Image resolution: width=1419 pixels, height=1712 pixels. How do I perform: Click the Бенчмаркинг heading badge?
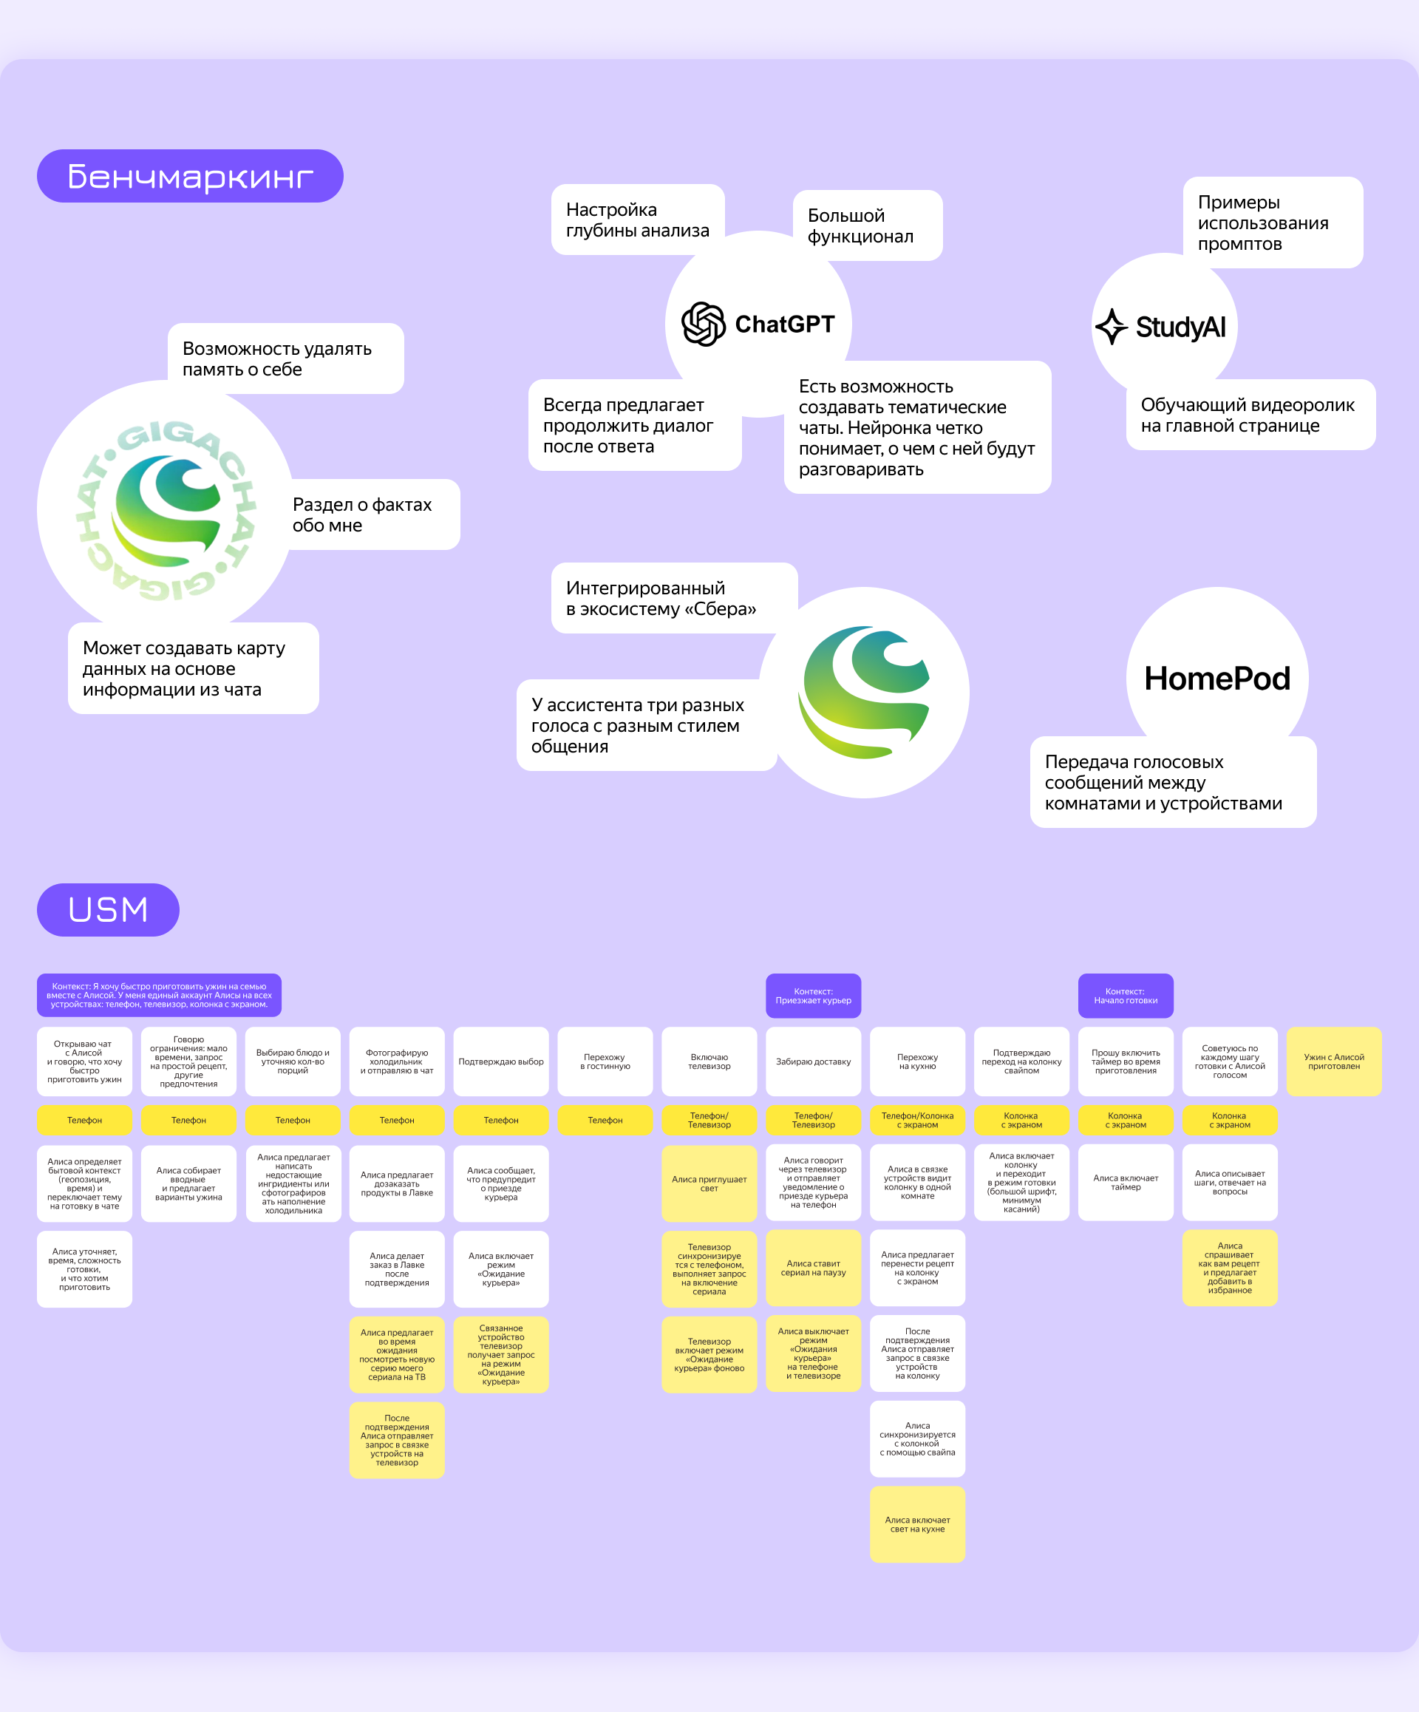coord(190,176)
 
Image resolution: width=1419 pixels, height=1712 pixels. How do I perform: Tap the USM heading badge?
coord(108,910)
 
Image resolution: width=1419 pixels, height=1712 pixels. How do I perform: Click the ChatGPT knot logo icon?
coord(704,324)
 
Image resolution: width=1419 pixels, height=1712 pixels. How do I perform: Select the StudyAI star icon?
coord(1112,326)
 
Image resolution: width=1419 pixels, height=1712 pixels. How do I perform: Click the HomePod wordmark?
coord(1217,679)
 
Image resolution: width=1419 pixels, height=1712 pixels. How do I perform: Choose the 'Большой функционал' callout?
coord(868,225)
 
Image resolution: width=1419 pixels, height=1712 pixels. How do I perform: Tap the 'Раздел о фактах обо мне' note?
coord(371,514)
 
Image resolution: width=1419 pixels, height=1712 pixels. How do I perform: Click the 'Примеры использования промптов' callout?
coord(1272,223)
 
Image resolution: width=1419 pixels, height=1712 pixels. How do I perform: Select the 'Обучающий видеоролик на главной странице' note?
coord(1250,415)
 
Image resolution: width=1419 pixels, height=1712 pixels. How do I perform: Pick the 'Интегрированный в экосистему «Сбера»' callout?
coord(674,598)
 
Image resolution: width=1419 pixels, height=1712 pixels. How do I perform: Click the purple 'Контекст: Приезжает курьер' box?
coord(814,996)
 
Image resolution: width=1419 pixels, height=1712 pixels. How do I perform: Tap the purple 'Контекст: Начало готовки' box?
coord(1126,996)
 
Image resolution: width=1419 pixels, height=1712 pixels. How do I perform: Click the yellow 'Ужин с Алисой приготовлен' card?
coord(1334,1061)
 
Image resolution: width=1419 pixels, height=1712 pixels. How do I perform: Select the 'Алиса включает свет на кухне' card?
coord(918,1524)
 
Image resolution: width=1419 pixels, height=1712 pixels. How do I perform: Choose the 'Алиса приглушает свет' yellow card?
coord(709,1183)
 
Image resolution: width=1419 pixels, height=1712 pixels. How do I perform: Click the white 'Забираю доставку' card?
coord(814,1061)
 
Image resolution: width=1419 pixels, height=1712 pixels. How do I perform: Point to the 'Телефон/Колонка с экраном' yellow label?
coord(918,1120)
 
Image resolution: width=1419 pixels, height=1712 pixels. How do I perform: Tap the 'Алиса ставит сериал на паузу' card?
coord(814,1268)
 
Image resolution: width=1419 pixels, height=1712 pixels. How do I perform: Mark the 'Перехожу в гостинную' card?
coord(605,1061)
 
